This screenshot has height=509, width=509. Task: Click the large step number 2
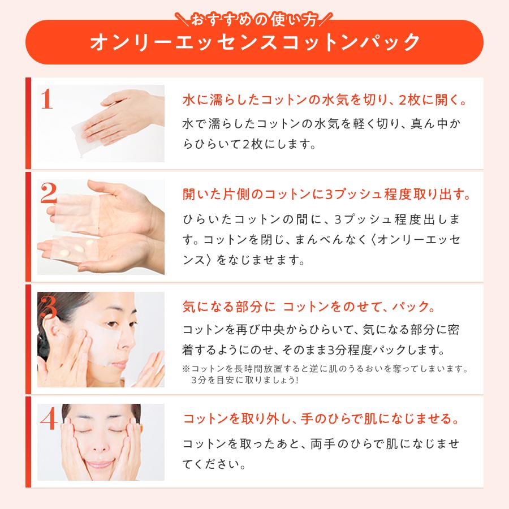(49, 194)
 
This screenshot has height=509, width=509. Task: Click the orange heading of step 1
(324, 100)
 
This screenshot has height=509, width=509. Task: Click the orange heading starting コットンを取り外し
(321, 420)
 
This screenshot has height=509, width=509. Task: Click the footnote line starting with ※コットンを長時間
(325, 369)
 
